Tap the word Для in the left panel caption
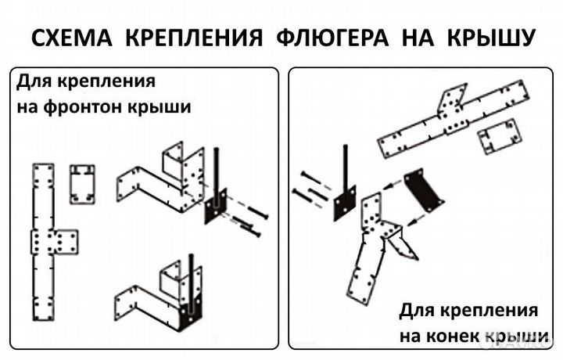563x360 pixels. [x=34, y=81]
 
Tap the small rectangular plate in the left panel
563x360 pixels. [x=81, y=183]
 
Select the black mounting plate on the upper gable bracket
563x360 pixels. [x=215, y=207]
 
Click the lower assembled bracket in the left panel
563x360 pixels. [x=164, y=297]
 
